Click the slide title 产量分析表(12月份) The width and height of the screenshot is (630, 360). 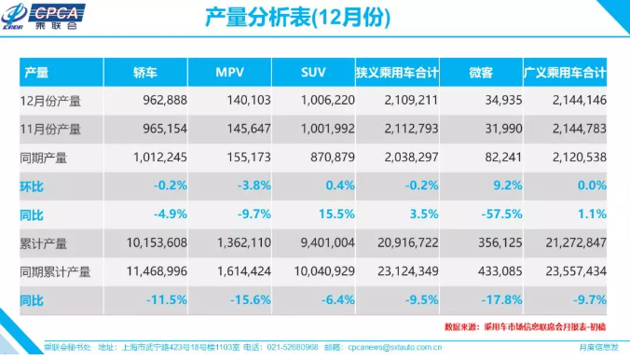point(296,18)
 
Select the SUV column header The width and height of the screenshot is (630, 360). point(313,72)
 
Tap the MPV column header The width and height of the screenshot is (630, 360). point(229,72)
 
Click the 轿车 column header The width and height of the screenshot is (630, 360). point(145,72)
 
